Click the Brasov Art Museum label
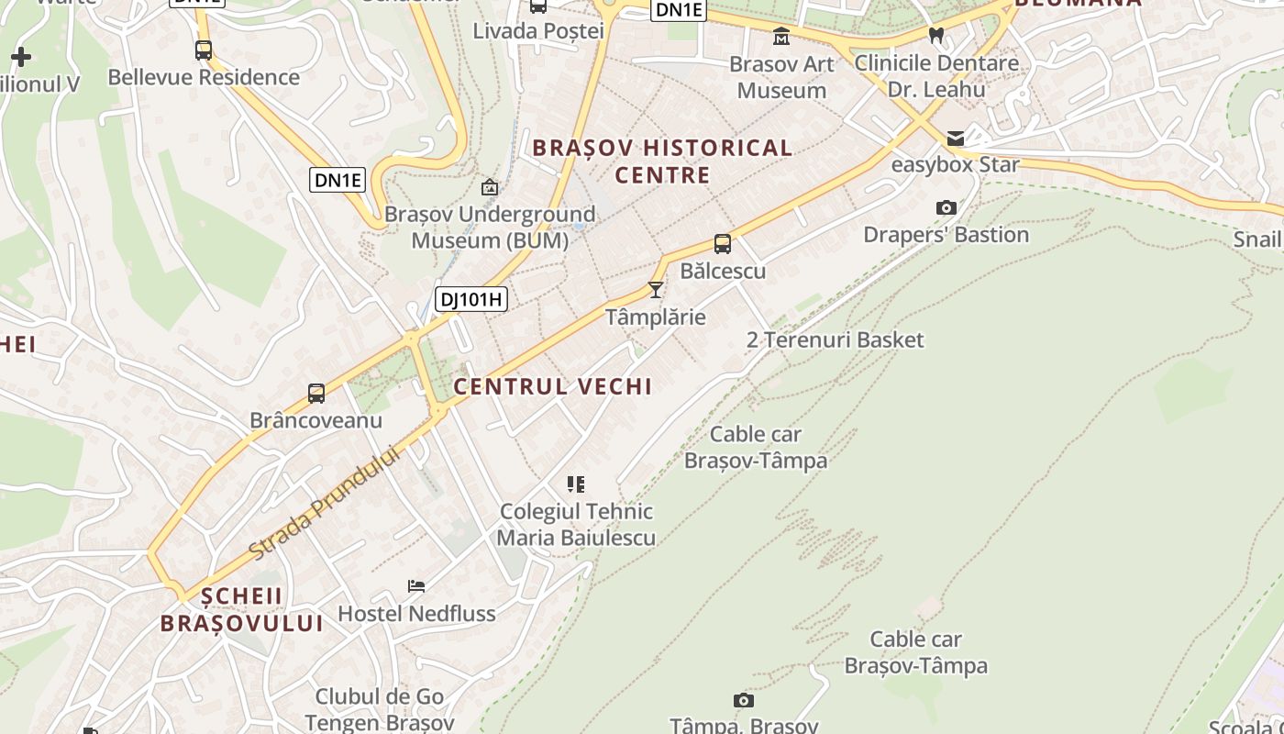tap(781, 77)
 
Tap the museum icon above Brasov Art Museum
tap(781, 37)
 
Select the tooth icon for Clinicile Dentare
tap(936, 36)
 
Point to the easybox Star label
tap(955, 165)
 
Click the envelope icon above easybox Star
tap(956, 139)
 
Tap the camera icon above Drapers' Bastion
tap(946, 208)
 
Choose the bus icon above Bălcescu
tap(723, 244)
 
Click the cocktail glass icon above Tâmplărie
tap(655, 290)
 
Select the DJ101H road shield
tap(471, 299)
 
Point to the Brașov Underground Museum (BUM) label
tap(490, 228)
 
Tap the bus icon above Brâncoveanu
tap(316, 394)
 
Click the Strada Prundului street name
tap(326, 503)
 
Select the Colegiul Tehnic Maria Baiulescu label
tap(576, 524)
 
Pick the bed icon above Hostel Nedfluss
tap(416, 586)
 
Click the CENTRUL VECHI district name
tap(553, 386)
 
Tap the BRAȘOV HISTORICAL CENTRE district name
tap(662, 161)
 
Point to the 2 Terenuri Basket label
tap(835, 340)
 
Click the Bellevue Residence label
tap(204, 77)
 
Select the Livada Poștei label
tap(538, 30)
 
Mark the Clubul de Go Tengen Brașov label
tap(380, 709)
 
